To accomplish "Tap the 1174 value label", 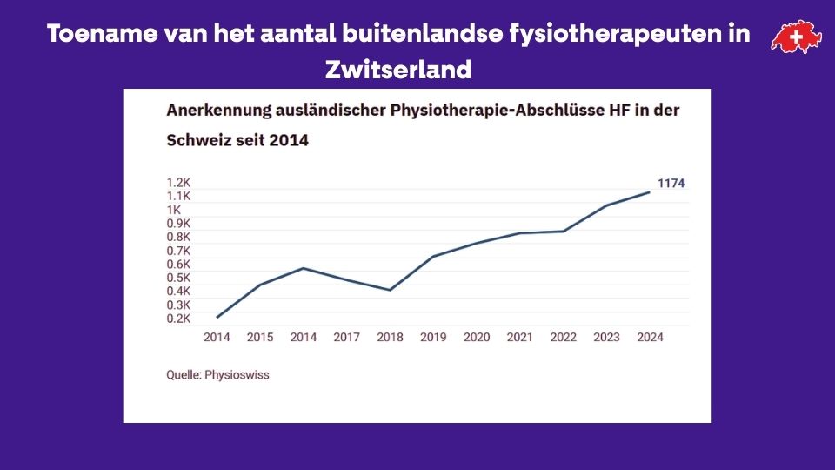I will click(671, 183).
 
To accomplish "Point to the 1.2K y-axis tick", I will click(178, 183).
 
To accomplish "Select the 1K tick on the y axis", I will click(173, 210).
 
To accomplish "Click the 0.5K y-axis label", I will click(178, 278).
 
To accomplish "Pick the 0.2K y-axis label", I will click(178, 319).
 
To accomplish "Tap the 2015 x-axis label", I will click(260, 338).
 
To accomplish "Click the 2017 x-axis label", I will click(346, 338).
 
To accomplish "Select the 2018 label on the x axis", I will click(390, 338).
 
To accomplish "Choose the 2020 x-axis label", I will click(477, 338).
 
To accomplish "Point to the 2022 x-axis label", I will click(564, 338).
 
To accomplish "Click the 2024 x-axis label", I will click(650, 338).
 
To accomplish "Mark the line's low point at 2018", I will click(390, 290).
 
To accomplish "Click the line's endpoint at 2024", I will click(650, 192).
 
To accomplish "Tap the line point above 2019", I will click(433, 257).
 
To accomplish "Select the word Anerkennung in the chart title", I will click(213, 112).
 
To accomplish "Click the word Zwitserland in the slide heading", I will click(398, 70).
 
